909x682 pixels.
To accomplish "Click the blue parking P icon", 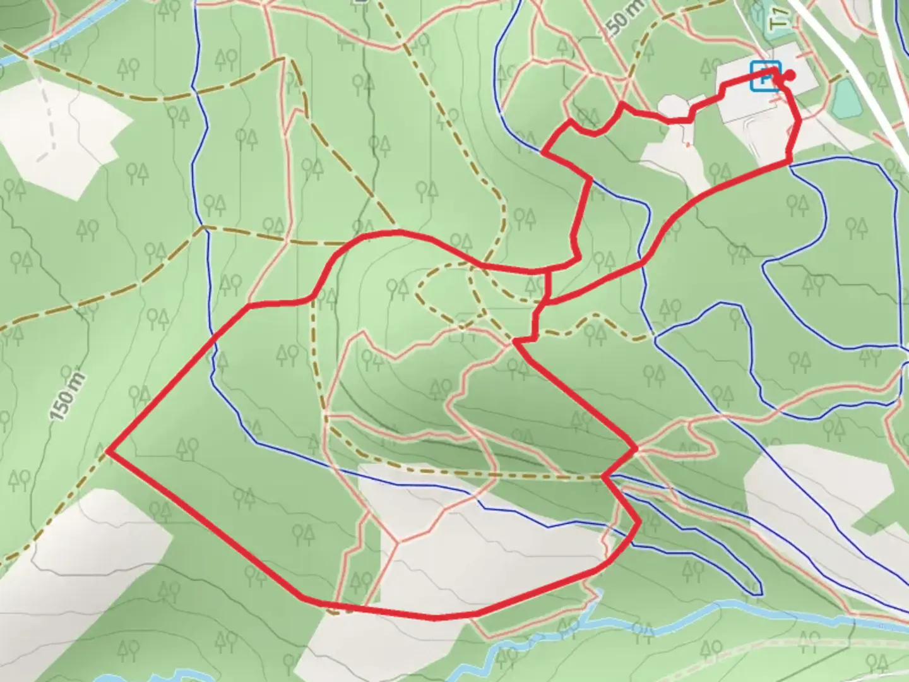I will (764, 76).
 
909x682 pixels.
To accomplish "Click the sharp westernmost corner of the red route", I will (109, 451).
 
